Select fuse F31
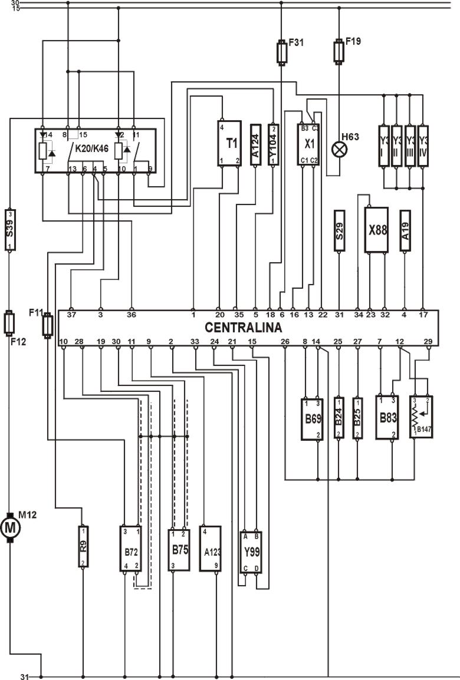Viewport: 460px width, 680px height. coord(281,51)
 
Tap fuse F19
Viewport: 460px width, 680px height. coord(339,51)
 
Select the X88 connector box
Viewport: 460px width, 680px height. coord(376,230)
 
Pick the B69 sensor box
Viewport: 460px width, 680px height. coord(311,418)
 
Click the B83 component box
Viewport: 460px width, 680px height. coord(386,417)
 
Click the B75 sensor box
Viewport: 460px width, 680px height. coord(179,550)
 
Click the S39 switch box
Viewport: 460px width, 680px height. coord(9,229)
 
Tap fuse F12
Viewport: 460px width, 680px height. coord(9,322)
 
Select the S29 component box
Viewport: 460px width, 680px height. coord(339,231)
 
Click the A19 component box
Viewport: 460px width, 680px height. coord(405,231)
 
